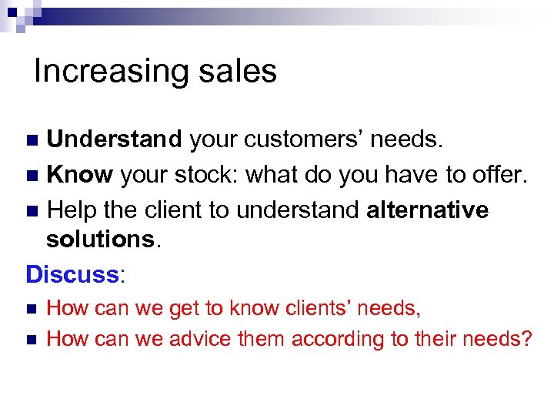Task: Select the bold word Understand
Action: pyautogui.click(x=114, y=139)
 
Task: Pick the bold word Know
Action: pyautogui.click(x=80, y=175)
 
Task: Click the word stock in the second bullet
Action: pyautogui.click(x=211, y=175)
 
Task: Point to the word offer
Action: pyautogui.click(x=501, y=175)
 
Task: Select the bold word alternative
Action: pyautogui.click(x=427, y=210)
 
